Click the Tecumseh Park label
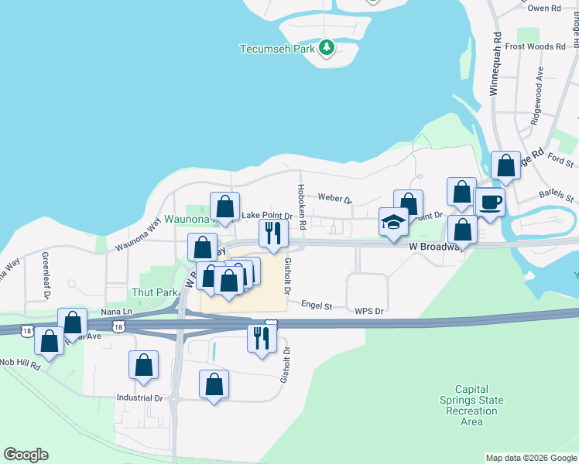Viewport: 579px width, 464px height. click(x=277, y=48)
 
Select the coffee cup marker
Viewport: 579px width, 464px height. click(x=489, y=203)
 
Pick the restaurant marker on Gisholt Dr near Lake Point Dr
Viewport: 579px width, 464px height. click(x=272, y=233)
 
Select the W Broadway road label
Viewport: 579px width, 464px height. click(x=436, y=246)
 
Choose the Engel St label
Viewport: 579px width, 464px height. click(x=316, y=306)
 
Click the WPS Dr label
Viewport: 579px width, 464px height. click(x=369, y=311)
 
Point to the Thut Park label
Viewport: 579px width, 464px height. click(x=155, y=292)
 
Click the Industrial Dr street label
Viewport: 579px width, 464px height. click(x=139, y=398)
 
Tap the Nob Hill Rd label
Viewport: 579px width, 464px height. click(x=19, y=362)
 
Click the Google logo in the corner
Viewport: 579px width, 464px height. click(x=26, y=455)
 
